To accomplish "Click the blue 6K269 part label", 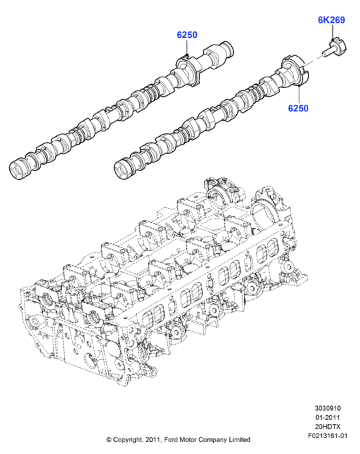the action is [x=331, y=20].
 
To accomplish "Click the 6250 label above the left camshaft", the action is [x=187, y=35].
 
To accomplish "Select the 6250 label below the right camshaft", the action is [x=298, y=108].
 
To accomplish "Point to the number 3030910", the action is [x=328, y=408].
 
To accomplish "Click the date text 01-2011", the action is [x=328, y=417].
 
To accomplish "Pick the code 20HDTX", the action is [x=328, y=427].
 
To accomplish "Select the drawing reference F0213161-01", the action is [x=327, y=436].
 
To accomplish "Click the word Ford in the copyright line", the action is [x=171, y=440].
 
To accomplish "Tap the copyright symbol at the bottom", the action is [x=109, y=440].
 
